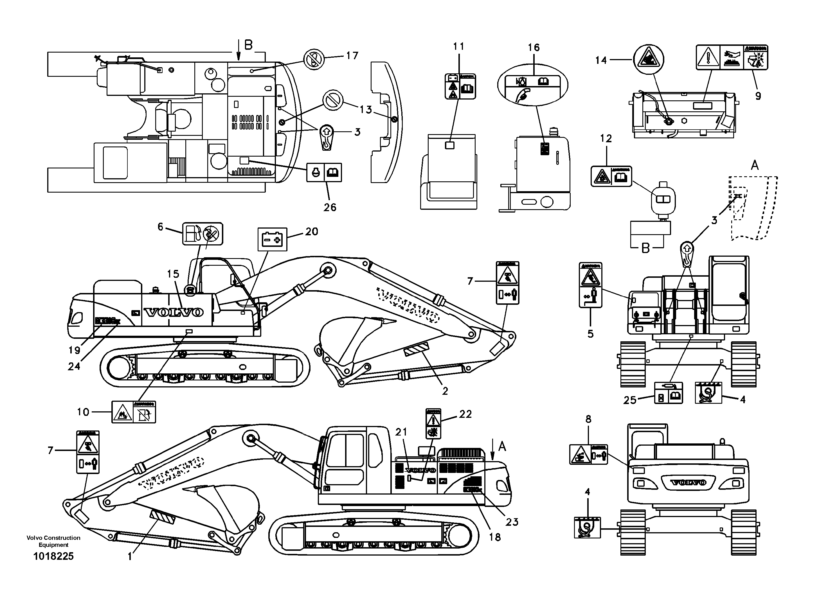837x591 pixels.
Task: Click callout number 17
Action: (352, 56)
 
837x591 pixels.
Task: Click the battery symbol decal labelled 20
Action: (272, 239)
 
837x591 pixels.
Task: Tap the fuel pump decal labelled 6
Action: (202, 234)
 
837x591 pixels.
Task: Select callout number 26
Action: (330, 207)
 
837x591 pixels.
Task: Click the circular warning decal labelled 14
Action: (648, 59)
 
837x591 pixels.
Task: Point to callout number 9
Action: (758, 96)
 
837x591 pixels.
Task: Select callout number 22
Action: (465, 414)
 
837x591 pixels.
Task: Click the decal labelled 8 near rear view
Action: (588, 454)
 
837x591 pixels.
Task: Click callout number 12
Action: (606, 138)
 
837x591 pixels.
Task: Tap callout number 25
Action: (629, 400)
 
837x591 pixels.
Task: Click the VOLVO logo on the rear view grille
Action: (688, 482)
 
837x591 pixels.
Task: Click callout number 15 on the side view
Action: (173, 274)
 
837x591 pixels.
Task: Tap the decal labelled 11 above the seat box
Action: (460, 86)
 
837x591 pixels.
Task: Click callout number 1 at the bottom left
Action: (129, 557)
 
